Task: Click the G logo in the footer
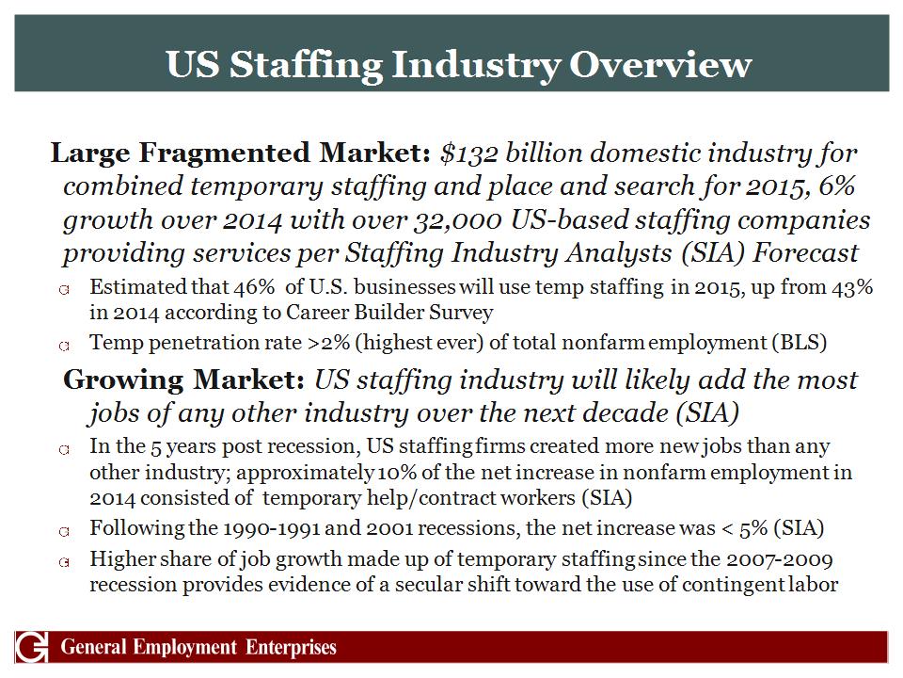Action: click(29, 648)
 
